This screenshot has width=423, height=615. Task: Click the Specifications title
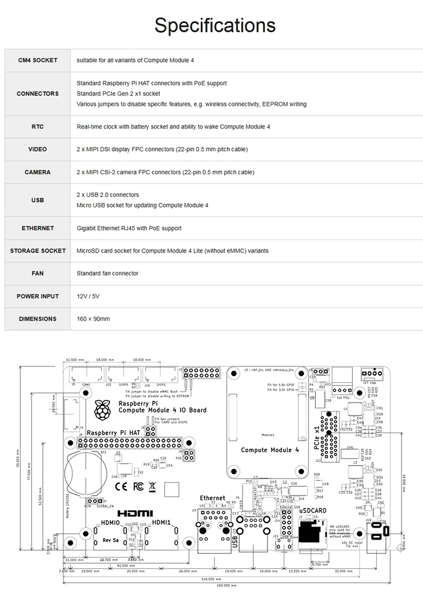tap(215, 25)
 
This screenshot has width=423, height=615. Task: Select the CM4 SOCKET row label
tap(37, 60)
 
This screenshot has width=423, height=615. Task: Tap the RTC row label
tap(37, 127)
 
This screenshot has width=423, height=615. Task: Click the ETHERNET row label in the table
tap(37, 228)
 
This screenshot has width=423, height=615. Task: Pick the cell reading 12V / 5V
tap(88, 296)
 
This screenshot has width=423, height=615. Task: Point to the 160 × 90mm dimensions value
tap(93, 319)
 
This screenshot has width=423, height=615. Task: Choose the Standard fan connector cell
tap(107, 273)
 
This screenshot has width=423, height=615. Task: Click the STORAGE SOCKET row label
tap(37, 251)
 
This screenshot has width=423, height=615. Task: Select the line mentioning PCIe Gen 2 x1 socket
tap(118, 94)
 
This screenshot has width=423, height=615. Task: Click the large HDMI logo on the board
tap(135, 514)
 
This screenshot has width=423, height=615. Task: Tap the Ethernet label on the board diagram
tap(212, 498)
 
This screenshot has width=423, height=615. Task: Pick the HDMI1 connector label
tap(162, 523)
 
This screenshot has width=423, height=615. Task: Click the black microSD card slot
tap(310, 532)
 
